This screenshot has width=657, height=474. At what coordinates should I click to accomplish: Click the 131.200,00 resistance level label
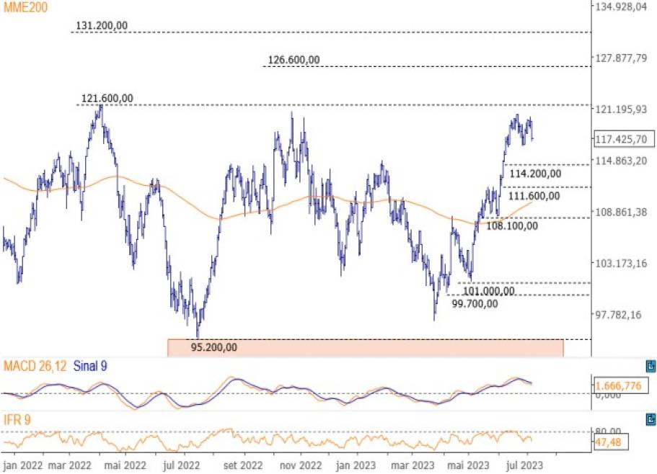pyautogui.click(x=102, y=25)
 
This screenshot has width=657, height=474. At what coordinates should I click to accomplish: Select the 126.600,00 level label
pyautogui.click(x=292, y=60)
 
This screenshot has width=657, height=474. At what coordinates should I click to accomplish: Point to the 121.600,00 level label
pyautogui.click(x=107, y=98)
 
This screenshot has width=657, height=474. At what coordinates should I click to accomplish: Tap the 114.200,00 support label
pyautogui.click(x=534, y=174)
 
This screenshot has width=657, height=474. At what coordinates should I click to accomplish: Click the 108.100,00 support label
pyautogui.click(x=511, y=226)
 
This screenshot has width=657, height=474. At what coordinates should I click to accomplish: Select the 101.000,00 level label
pyautogui.click(x=488, y=291)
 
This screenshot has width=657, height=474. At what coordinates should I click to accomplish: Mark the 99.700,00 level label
pyautogui.click(x=475, y=303)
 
